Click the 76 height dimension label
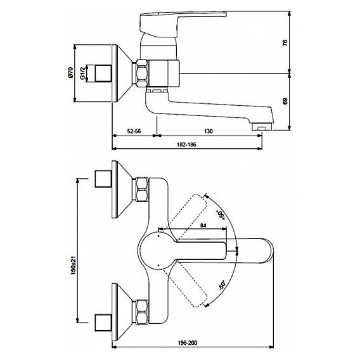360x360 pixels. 285,43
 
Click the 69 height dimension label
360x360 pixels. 285,101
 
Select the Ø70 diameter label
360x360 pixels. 70,72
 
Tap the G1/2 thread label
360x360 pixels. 82,74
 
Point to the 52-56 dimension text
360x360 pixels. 134,131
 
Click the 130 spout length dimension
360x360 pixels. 209,131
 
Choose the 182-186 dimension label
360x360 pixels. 187,145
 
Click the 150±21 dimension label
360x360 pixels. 74,266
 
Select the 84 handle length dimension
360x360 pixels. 203,226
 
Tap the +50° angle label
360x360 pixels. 221,215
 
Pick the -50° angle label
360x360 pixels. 222,285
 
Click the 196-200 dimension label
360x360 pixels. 188,343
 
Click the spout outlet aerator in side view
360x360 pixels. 262,127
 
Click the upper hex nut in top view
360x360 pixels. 142,190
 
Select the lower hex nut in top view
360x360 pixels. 142,312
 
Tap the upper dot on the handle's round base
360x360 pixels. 158,236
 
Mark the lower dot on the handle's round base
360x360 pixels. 158,265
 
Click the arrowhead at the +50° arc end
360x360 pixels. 207,196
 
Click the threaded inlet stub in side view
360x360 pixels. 103,74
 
